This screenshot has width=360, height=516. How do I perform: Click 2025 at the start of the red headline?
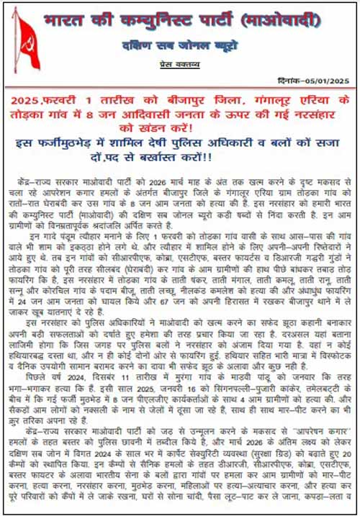click(x=44, y=99)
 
